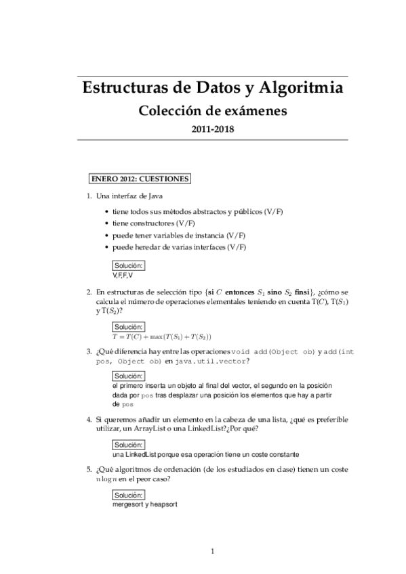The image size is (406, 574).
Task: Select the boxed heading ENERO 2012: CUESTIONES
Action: click(x=140, y=179)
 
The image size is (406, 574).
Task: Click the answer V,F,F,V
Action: click(x=123, y=275)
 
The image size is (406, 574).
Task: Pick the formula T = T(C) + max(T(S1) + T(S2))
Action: click(x=162, y=336)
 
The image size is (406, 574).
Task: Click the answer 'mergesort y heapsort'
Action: click(x=144, y=504)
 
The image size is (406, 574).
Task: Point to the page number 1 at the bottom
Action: click(x=212, y=551)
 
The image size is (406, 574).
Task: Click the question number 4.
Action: click(x=89, y=420)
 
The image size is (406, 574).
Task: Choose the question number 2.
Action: click(x=89, y=292)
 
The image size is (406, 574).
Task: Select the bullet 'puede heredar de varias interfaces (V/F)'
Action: click(x=179, y=247)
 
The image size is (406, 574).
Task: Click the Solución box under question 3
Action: click(x=127, y=376)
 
